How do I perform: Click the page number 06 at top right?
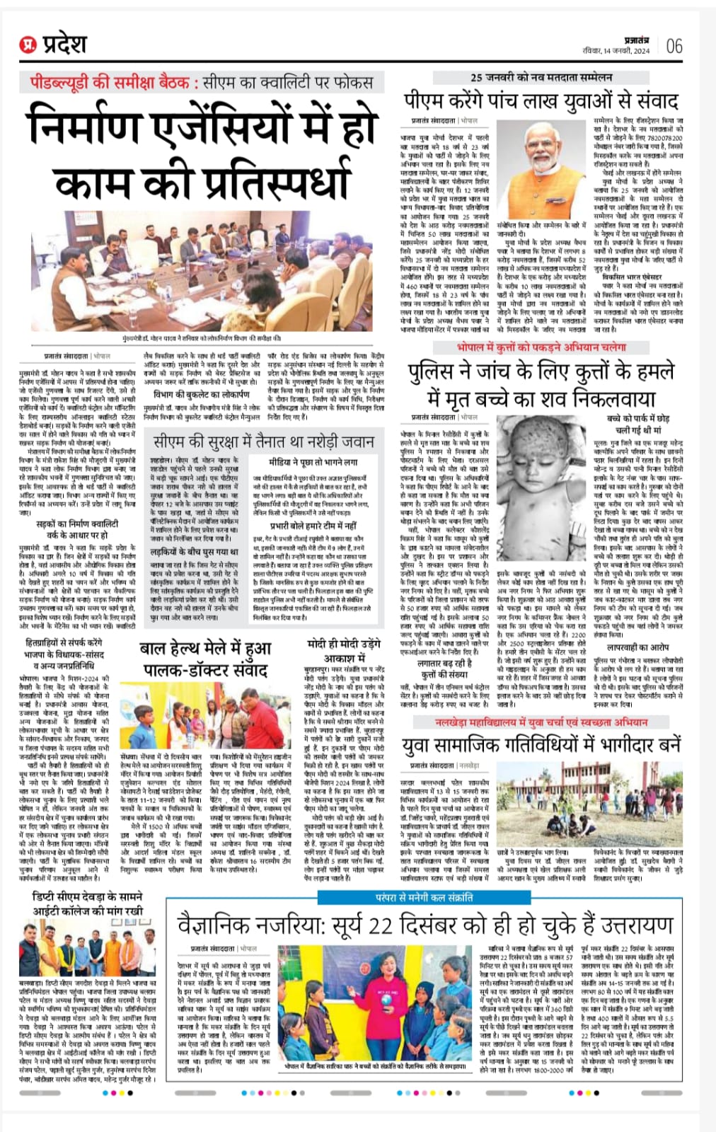(674, 46)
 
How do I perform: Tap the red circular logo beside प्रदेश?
(28, 46)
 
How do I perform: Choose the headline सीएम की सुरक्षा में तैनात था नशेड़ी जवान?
(264, 441)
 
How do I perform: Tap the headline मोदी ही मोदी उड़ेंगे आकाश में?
(344, 650)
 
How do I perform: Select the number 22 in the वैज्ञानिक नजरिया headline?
(379, 925)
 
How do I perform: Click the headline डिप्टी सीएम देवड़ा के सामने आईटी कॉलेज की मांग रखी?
(88, 904)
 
